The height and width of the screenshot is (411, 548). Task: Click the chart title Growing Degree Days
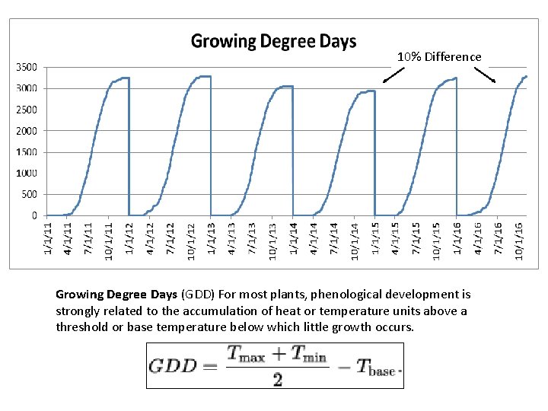273,41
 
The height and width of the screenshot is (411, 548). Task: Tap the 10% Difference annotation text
440,57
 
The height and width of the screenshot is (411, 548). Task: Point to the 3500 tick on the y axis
27,67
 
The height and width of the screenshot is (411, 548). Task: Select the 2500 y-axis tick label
27,110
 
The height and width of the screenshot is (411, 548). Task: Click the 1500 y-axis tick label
27,152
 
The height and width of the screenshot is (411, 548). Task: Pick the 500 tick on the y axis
29,195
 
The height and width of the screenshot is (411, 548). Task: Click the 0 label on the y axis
34,216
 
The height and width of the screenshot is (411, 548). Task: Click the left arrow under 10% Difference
393,75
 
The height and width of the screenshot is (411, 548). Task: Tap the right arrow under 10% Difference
485,75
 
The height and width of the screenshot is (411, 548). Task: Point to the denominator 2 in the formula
277,378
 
